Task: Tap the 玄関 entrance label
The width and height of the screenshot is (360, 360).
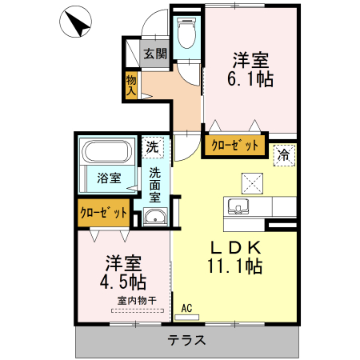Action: coord(155,54)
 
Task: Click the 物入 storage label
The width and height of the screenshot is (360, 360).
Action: coord(131,86)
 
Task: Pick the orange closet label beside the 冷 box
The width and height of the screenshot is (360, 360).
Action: coord(234,146)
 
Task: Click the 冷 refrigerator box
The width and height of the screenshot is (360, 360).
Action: coord(283,156)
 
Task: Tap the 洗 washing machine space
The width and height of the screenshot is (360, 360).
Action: coord(153,147)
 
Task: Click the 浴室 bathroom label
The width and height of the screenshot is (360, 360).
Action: coord(110,178)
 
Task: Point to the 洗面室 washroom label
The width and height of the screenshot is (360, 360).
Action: coord(155,183)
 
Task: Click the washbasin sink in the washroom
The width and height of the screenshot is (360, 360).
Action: coord(154,218)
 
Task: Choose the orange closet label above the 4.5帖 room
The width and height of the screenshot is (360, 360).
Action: coord(104,213)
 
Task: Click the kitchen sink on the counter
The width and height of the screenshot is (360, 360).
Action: coord(239,207)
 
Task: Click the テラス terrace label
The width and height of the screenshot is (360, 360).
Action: coord(186,340)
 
